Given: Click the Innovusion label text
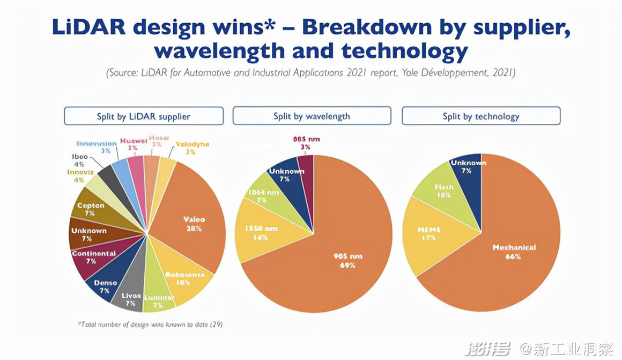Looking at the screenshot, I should click(97, 144).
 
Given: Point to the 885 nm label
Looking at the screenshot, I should click(306, 139).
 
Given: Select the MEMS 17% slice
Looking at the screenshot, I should click(428, 234).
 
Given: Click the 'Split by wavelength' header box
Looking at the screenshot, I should click(312, 116).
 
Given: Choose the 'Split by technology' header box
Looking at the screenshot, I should click(481, 116).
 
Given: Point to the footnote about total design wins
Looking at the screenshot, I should click(151, 324).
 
